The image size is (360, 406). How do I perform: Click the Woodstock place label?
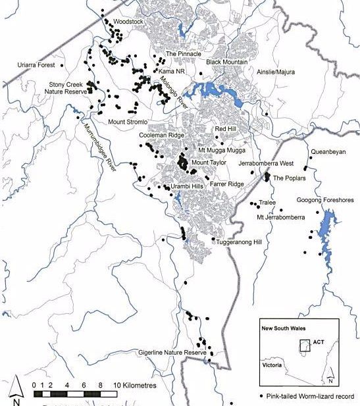[128, 21]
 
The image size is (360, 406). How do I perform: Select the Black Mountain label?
[226, 62]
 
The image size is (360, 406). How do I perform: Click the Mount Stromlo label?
[130, 122]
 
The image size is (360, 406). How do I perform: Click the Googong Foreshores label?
[324, 199]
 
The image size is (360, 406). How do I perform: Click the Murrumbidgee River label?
[98, 146]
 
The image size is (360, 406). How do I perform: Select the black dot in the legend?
[261, 396]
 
